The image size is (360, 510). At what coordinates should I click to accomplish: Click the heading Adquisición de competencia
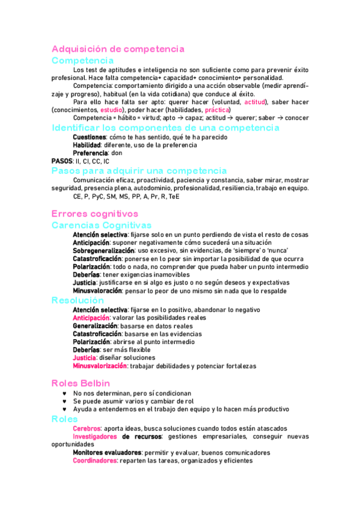[118, 49]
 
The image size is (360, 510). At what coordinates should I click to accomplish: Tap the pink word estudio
[112, 110]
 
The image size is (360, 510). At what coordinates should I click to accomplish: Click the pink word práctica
[217, 110]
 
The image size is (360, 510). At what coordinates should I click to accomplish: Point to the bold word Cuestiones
[90, 137]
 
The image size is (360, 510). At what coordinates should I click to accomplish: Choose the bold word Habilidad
[87, 145]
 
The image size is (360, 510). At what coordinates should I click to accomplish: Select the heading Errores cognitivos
[95, 214]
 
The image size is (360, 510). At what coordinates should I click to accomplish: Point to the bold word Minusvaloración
[97, 290]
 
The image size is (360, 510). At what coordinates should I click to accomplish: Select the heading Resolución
[78, 300]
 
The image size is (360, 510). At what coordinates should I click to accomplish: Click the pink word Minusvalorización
[100, 366]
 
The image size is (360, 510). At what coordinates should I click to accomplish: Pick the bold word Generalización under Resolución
[95, 325]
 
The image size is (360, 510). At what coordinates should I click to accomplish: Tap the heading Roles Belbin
[81, 382]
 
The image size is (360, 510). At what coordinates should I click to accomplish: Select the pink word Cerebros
[87, 428]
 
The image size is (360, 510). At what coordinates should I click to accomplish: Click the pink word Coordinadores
[94, 461]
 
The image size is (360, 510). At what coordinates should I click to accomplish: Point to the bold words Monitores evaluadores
[107, 452]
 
